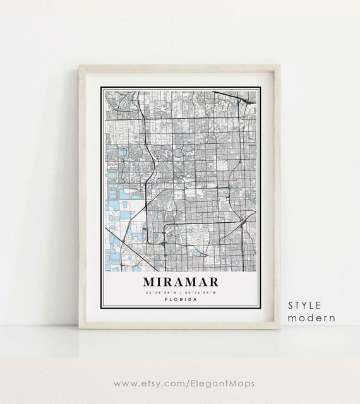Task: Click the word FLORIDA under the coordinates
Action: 180,300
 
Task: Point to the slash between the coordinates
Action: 180,293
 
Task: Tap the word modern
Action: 311,318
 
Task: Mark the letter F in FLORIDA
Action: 165,300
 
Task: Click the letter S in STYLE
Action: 292,306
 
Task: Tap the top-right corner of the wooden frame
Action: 279,66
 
